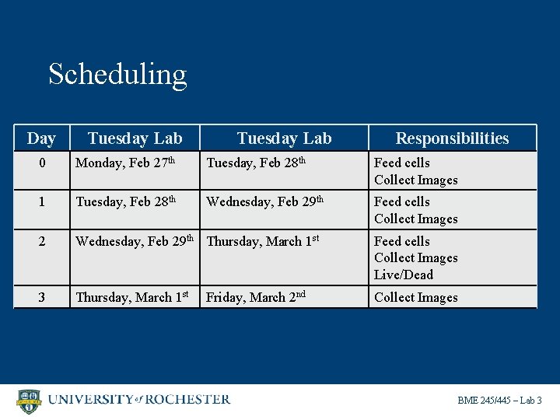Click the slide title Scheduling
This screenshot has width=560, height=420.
coord(117,75)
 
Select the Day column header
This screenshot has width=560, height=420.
coord(41,138)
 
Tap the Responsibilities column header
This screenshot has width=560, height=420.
coord(452,138)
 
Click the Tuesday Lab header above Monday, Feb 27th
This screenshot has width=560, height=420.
coord(135,138)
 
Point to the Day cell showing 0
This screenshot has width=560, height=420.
coord(41,163)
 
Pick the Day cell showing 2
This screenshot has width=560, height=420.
coord(41,242)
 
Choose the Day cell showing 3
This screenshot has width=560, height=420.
coord(41,298)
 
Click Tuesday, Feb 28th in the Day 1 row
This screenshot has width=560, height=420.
coord(125,202)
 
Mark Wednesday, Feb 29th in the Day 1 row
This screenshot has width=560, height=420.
coord(265,202)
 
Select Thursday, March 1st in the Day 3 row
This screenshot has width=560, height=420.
coord(133,297)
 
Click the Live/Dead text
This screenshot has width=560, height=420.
coord(404,275)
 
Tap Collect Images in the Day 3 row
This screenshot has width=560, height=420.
coord(416,297)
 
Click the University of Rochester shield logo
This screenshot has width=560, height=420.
coord(29,401)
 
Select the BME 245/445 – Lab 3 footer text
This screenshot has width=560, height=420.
coord(499,401)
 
